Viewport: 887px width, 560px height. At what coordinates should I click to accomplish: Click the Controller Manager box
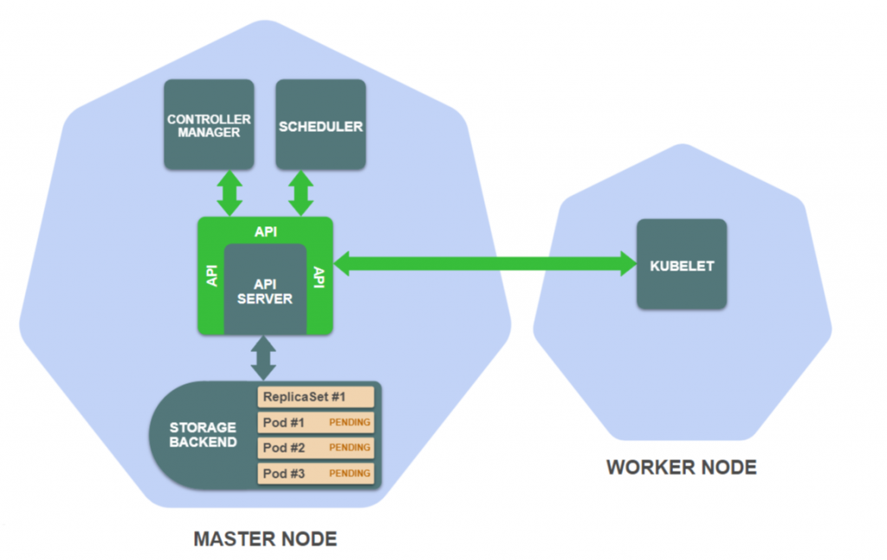point(209,125)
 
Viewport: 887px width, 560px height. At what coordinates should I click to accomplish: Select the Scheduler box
point(320,125)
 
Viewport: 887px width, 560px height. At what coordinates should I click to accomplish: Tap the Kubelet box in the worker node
point(682,264)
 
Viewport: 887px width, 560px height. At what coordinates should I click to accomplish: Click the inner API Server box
point(265,291)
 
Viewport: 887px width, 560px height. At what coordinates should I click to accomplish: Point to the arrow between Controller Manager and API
point(230,193)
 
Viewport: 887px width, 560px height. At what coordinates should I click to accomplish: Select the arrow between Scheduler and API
point(301,193)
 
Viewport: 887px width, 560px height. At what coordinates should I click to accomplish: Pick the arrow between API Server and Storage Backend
point(264,358)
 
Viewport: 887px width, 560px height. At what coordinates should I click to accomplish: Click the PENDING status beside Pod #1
point(350,423)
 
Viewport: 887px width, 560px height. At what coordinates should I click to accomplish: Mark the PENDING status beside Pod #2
point(350,448)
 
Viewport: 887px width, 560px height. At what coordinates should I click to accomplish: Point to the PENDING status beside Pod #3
point(350,473)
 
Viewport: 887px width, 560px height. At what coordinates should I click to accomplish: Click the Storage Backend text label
point(203,435)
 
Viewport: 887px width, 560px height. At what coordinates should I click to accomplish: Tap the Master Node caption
point(265,539)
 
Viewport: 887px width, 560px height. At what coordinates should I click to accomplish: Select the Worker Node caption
point(682,468)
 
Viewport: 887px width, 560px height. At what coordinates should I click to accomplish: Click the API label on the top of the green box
point(265,231)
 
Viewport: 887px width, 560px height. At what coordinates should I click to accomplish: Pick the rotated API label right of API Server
point(317,277)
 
